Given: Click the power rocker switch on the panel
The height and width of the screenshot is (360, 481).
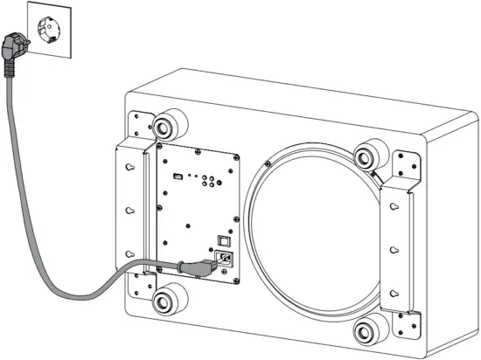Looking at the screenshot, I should pyautogui.click(x=224, y=238).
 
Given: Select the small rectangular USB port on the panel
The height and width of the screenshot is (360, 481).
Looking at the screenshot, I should pyautogui.click(x=178, y=177).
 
